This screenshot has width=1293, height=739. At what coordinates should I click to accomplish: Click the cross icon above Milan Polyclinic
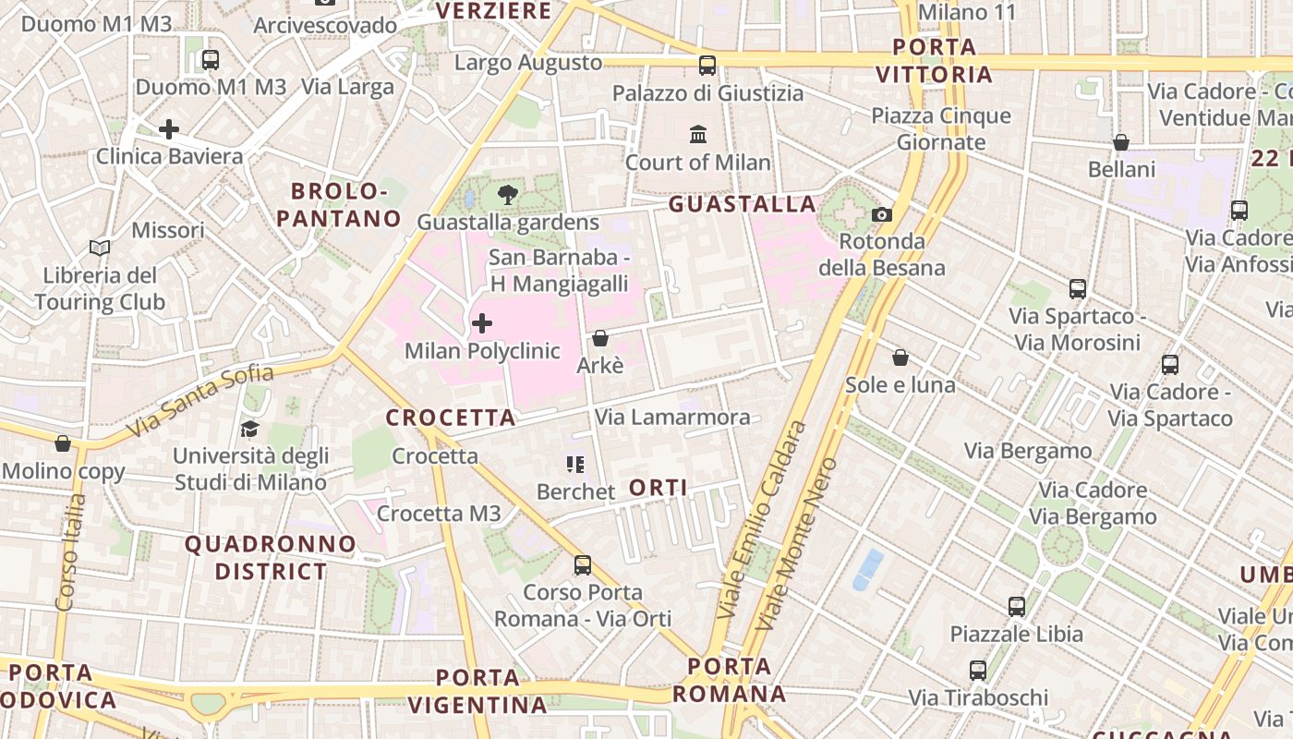(482, 323)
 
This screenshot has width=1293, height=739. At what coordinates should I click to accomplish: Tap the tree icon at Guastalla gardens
(507, 195)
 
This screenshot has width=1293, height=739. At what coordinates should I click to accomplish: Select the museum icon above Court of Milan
(698, 135)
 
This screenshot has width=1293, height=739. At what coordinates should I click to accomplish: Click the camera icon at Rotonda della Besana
(882, 214)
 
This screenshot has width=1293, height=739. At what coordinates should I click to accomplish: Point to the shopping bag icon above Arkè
(600, 338)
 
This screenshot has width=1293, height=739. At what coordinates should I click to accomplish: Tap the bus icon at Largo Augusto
(707, 65)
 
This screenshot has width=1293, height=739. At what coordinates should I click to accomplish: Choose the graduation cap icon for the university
(249, 429)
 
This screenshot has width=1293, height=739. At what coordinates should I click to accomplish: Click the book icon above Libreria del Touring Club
(100, 248)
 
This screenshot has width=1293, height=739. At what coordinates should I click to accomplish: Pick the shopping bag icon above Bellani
(1121, 142)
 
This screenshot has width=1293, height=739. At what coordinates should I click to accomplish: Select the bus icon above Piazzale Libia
(1017, 607)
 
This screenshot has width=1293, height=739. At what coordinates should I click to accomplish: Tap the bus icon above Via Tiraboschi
(978, 670)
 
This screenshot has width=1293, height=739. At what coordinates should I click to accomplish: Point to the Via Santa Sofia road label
(200, 401)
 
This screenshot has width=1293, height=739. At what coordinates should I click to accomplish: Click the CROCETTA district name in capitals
(450, 418)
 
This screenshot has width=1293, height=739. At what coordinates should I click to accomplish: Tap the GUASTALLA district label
(742, 204)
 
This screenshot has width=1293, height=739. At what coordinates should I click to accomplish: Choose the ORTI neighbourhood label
(658, 487)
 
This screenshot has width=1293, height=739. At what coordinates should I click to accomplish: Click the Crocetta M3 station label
(439, 514)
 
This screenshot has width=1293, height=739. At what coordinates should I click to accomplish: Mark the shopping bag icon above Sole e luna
(900, 357)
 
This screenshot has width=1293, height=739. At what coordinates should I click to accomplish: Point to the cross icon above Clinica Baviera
(169, 129)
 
